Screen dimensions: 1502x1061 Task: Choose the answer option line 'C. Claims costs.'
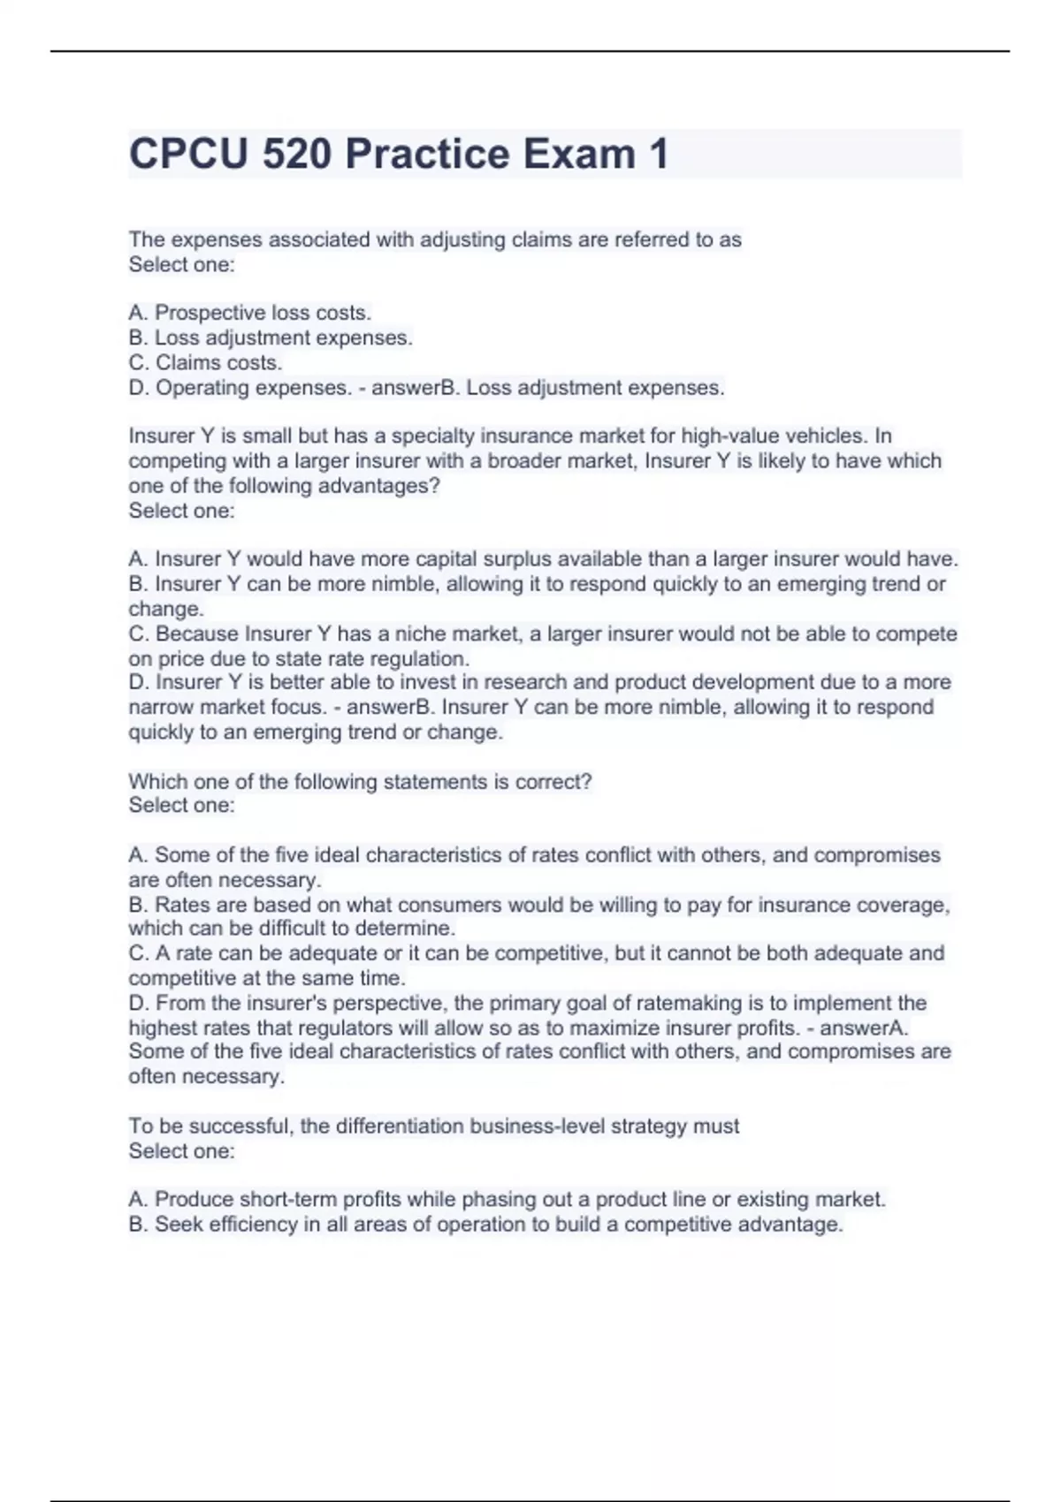(x=205, y=363)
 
